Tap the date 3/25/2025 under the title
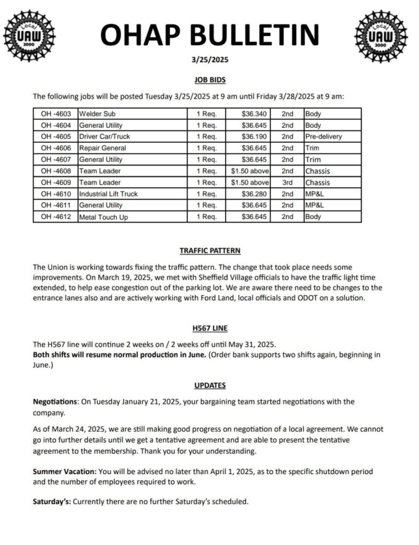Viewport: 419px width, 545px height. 209,60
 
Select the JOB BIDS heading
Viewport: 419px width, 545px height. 209,80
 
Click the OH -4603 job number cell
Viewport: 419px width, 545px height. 55,114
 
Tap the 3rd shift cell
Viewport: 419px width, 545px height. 287,183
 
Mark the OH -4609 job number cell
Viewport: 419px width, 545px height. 55,183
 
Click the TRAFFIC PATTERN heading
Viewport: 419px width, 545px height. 209,251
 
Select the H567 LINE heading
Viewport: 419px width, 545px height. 209,329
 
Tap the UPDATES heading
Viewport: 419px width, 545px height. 209,385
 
